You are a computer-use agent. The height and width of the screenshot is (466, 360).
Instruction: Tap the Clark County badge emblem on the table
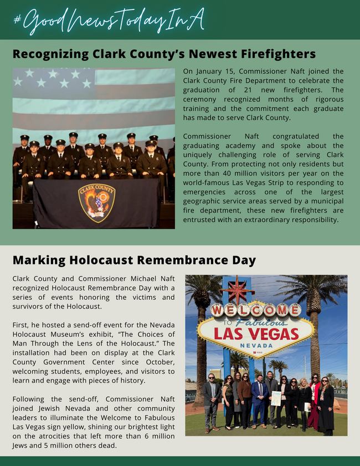[96, 203]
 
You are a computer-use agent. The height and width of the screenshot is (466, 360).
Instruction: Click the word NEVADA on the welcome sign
[256, 345]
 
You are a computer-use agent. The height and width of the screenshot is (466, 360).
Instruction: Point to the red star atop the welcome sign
[236, 289]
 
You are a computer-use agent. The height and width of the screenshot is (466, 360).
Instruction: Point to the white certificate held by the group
[276, 398]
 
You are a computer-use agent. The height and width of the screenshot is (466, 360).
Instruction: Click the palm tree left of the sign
[200, 321]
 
